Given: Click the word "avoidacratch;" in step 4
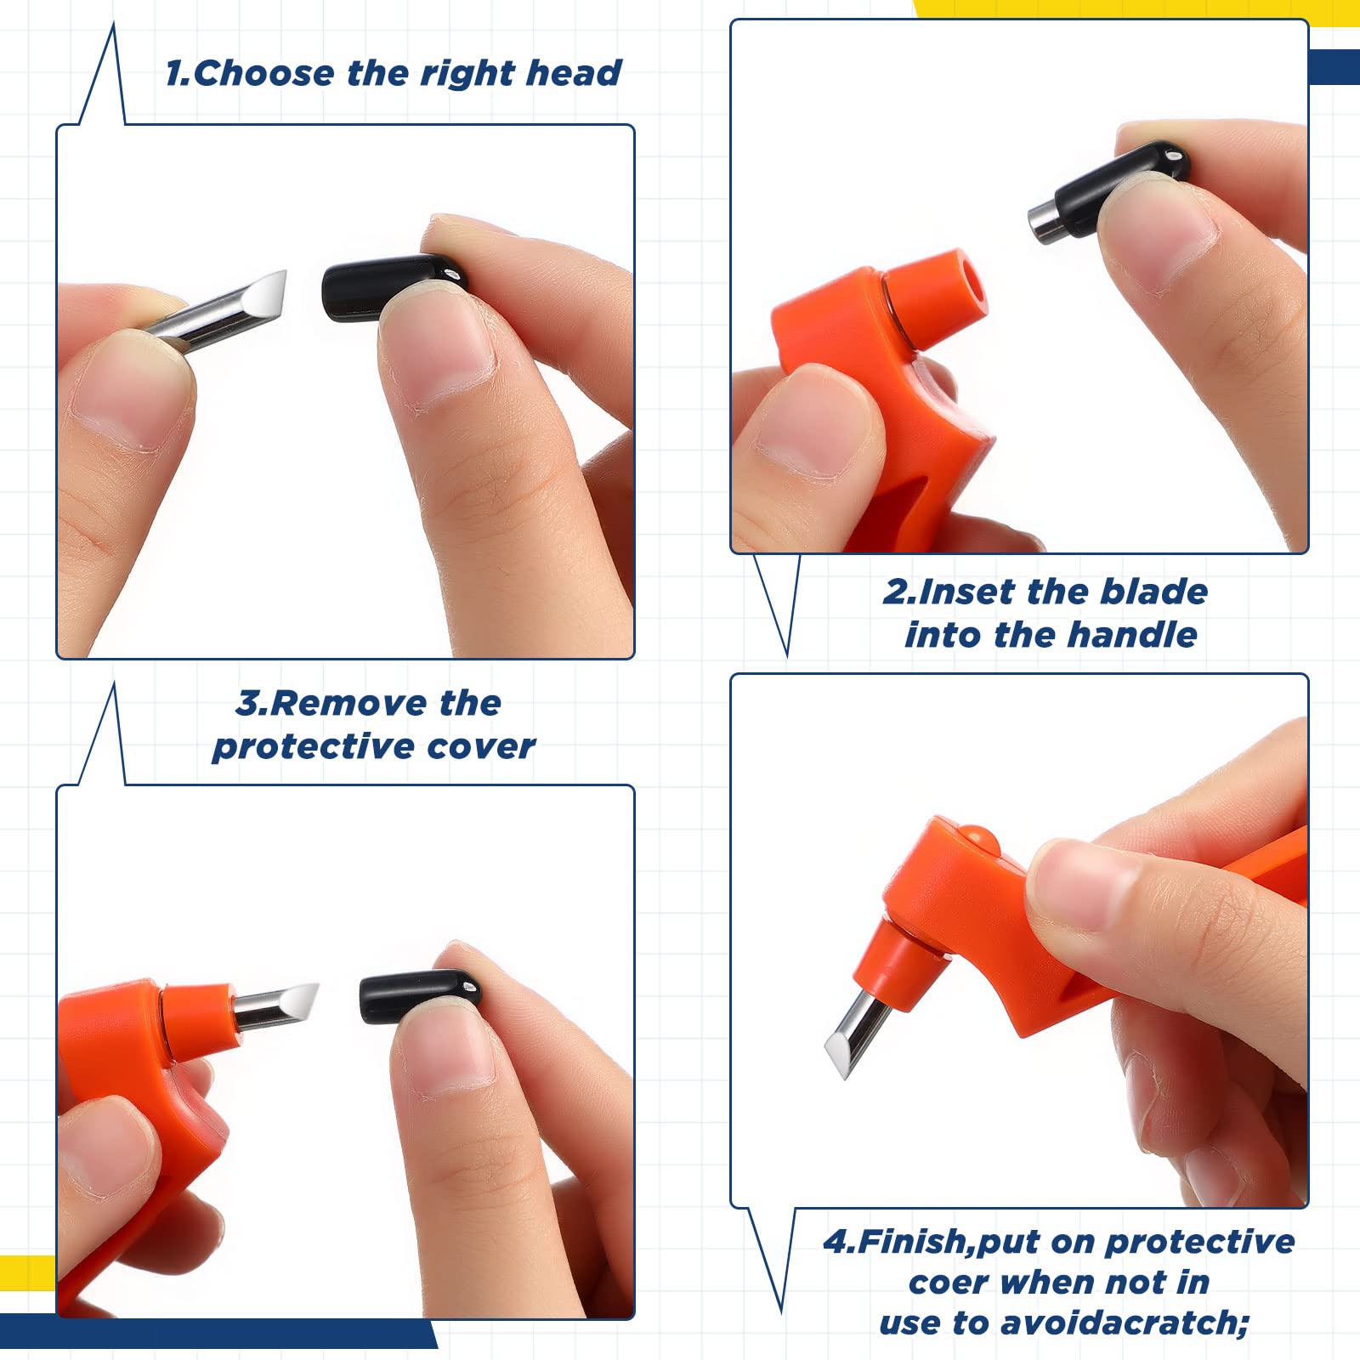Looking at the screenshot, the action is [x=1125, y=1323].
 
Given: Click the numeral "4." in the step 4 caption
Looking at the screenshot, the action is [x=840, y=1242].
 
